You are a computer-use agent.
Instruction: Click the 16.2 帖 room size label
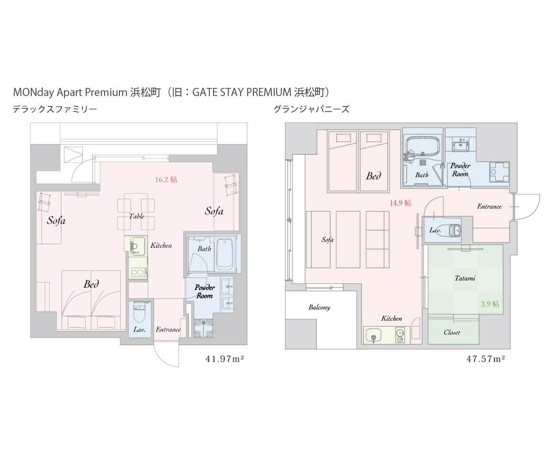(166, 180)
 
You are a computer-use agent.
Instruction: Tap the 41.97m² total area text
(225, 358)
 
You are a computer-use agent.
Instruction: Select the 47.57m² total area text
(486, 358)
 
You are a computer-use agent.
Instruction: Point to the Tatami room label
(465, 278)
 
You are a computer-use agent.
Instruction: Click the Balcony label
(319, 307)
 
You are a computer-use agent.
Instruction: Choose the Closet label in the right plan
(452, 332)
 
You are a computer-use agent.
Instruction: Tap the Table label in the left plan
(137, 216)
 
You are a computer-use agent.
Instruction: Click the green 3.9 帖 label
(490, 304)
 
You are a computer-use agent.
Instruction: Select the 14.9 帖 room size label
(401, 203)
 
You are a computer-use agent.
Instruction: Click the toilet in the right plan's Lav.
(455, 230)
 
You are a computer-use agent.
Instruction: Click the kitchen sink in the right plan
(374, 335)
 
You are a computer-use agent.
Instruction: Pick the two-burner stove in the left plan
(138, 272)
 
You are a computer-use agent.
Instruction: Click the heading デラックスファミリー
(55, 109)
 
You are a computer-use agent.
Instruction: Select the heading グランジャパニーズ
(311, 109)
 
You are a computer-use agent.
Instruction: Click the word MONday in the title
(34, 93)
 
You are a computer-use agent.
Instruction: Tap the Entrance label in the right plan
(489, 207)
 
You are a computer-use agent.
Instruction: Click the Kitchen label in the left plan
(161, 245)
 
